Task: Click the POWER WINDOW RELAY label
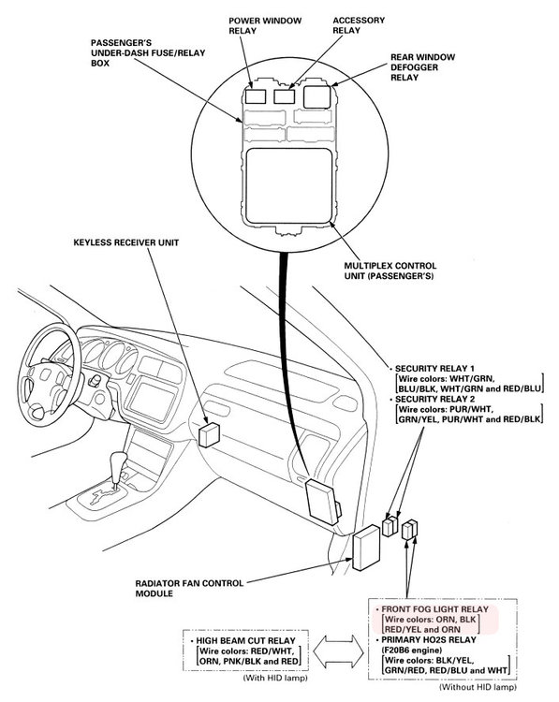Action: click(x=265, y=25)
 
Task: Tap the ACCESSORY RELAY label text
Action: click(x=359, y=25)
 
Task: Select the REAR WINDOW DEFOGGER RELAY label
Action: click(x=422, y=67)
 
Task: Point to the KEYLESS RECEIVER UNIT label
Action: click(x=125, y=242)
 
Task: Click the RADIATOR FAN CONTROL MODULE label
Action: click(x=189, y=589)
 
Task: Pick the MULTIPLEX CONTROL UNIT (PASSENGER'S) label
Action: click(x=390, y=271)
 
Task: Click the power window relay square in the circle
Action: click(x=256, y=96)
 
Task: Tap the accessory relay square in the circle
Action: click(x=284, y=96)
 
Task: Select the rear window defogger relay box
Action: click(x=317, y=96)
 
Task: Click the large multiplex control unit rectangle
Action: click(x=289, y=185)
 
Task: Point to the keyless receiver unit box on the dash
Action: click(x=209, y=434)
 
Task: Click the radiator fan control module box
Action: click(x=366, y=548)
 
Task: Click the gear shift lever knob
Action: click(x=119, y=461)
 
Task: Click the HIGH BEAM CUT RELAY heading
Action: click(x=245, y=640)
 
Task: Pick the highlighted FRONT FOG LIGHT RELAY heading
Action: click(x=434, y=609)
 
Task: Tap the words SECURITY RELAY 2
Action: click(x=434, y=399)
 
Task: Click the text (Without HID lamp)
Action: click(x=478, y=686)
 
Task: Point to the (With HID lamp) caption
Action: click(x=275, y=678)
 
